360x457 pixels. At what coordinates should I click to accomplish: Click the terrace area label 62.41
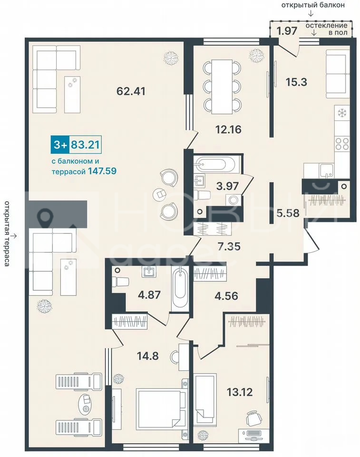tap(131, 91)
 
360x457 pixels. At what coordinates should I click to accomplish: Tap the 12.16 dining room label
tap(228, 129)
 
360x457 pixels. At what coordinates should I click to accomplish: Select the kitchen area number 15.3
tap(296, 82)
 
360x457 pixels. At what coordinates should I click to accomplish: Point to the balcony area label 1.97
tap(287, 30)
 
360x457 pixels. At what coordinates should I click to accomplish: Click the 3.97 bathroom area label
tap(227, 186)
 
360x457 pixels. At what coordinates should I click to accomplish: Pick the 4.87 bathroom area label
tap(149, 294)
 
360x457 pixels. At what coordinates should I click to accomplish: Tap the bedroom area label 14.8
tap(148, 356)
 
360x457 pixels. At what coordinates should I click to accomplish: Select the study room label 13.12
tap(240, 392)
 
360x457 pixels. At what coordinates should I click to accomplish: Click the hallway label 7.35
tap(229, 246)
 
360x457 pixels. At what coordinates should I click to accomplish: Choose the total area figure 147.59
tap(101, 170)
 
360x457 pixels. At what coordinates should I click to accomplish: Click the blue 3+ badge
tap(60, 145)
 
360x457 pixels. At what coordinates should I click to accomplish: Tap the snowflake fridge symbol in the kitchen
tap(342, 113)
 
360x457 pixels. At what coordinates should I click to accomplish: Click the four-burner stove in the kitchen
tap(342, 144)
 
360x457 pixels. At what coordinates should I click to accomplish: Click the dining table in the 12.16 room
tap(222, 87)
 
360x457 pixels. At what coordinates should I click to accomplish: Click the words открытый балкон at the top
tap(313, 5)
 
